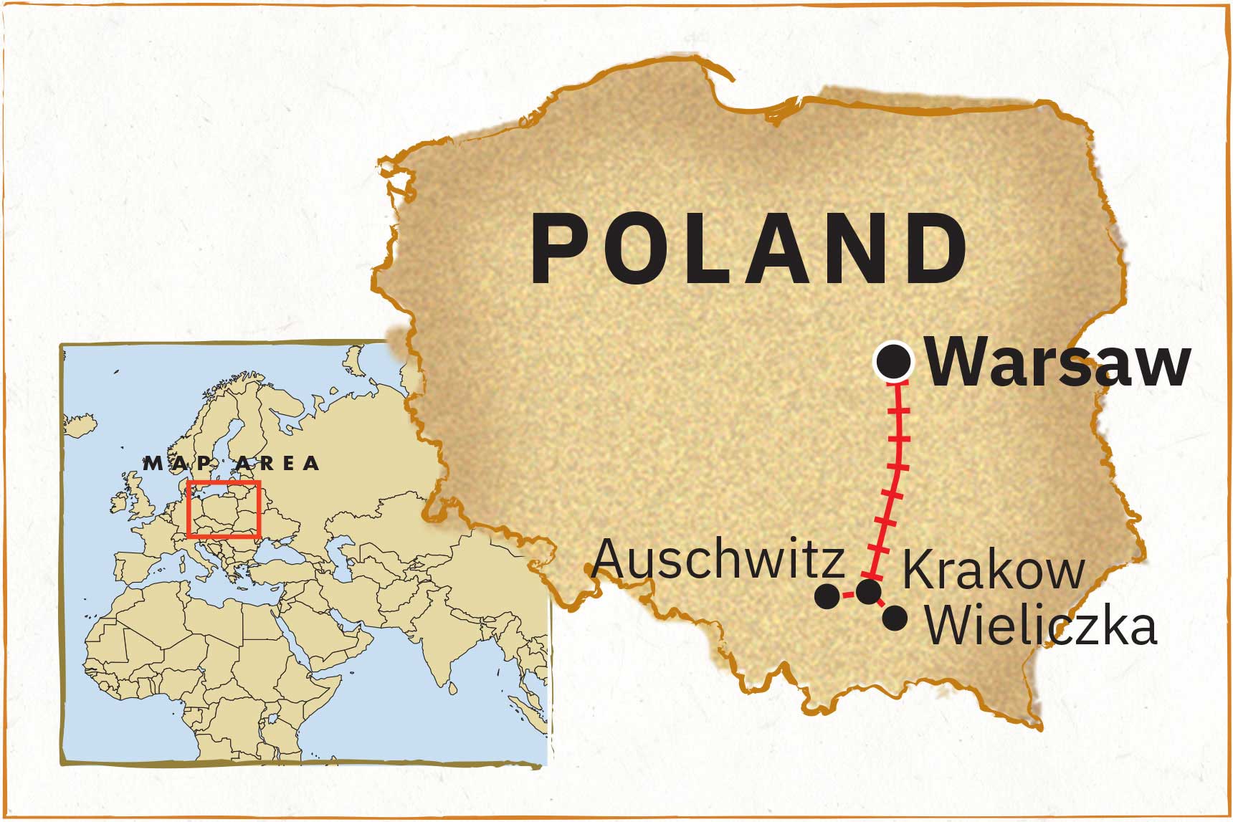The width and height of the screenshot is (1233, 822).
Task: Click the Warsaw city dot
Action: pos(895,362)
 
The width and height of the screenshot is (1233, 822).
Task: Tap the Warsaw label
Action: pos(1058,363)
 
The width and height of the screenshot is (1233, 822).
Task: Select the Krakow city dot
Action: pos(869,592)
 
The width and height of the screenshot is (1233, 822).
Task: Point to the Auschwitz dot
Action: pos(827,596)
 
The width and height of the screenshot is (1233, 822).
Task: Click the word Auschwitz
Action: pos(718,560)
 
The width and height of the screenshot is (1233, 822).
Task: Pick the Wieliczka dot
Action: pos(895,618)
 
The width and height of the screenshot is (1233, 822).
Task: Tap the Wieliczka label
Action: pos(1040,626)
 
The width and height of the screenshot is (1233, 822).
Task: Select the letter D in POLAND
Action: pos(935,249)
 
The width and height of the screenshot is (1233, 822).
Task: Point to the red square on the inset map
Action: pos(223,509)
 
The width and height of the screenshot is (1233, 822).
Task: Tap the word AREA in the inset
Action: pos(277,464)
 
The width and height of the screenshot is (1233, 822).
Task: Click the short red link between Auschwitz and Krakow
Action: pos(848,594)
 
